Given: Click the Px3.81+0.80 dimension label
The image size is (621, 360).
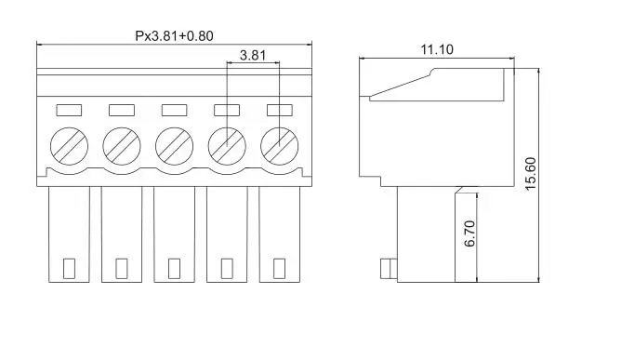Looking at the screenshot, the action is (174, 36).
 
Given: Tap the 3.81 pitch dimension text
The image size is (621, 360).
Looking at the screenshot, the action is (253, 55).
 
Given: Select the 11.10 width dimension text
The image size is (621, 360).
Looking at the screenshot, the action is (437, 49).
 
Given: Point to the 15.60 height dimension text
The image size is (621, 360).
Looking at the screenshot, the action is (530, 174).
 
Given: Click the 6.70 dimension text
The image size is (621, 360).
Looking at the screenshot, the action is (469, 233).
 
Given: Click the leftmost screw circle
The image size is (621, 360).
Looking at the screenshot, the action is (70, 146).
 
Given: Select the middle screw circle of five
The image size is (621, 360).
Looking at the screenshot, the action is (174, 146).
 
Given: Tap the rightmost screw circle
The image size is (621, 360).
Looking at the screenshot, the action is (280, 146).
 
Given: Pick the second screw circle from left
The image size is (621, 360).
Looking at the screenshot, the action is (122, 146).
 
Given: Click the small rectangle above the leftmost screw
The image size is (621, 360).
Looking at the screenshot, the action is (69, 110).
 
